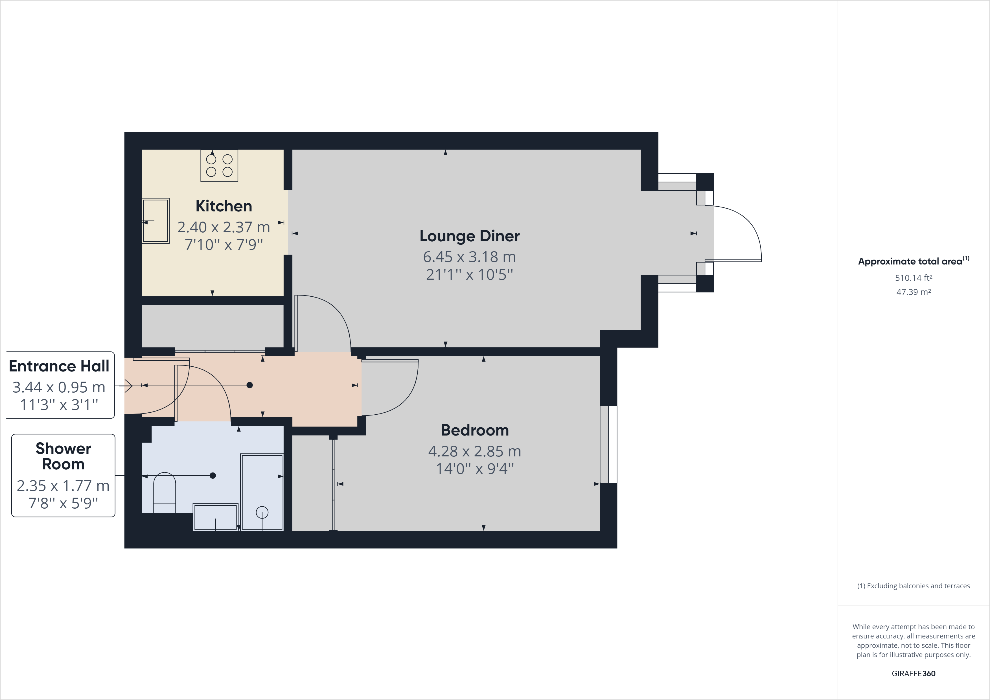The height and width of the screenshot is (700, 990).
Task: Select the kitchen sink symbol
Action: point(156,221)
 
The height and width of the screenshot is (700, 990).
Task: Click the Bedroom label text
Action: point(474,430)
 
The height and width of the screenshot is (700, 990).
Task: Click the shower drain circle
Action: point(262,512)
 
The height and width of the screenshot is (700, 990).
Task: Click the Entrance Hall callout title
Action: point(59,366)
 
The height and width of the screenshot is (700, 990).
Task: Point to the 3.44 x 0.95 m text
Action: point(59,387)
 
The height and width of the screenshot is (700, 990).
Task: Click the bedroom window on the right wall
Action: point(608,444)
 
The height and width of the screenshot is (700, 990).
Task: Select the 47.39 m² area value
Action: point(913,292)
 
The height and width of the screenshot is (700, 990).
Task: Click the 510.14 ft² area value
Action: point(913,278)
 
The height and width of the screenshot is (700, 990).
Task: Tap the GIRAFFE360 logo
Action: point(913,673)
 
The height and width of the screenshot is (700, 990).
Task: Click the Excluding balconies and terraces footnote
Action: point(913,586)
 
